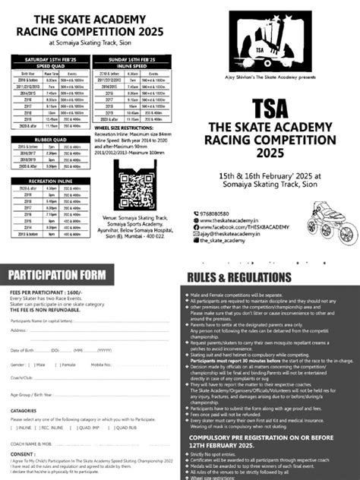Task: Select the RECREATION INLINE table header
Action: [45, 180]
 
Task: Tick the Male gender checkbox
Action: [34, 344]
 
